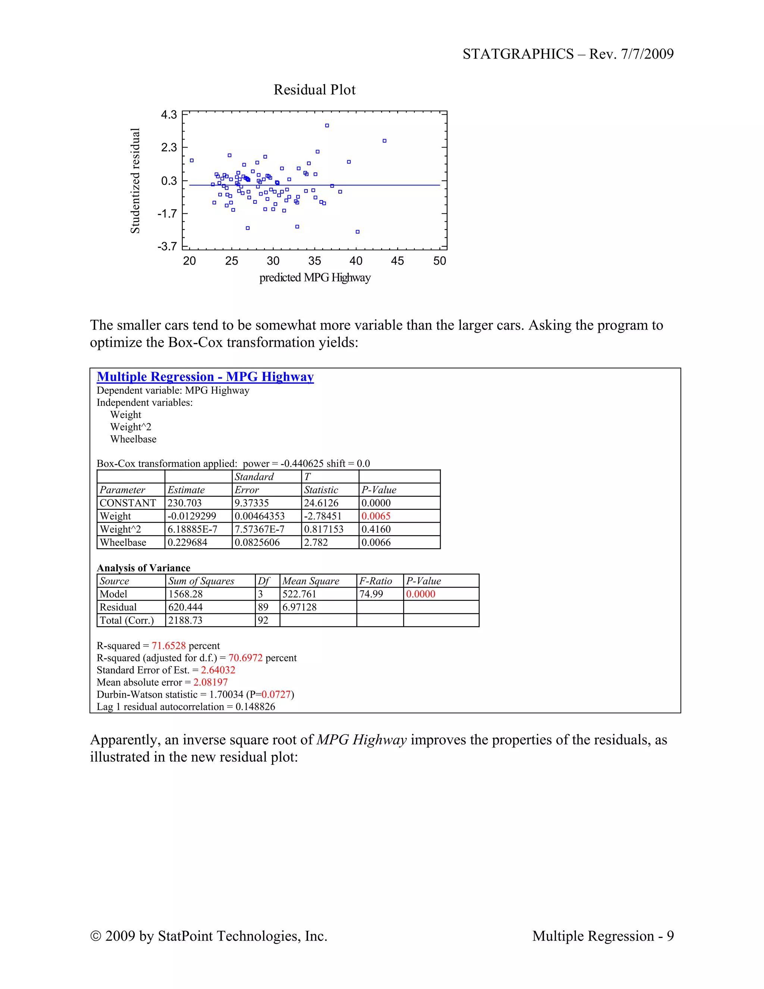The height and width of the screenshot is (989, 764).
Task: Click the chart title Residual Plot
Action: tap(314, 90)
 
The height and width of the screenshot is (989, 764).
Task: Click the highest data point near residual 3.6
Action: tap(327, 125)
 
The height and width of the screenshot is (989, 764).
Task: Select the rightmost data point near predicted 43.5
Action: tap(384, 141)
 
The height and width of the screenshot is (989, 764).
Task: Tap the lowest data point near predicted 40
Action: tap(357, 232)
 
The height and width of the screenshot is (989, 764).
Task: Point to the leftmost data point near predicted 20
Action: tap(191, 160)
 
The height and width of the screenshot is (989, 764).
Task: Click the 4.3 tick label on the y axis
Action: tap(169, 115)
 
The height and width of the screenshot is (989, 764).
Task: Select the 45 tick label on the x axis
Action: tap(397, 261)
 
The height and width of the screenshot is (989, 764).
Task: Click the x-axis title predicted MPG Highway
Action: tap(314, 278)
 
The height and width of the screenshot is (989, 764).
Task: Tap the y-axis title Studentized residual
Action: tap(135, 181)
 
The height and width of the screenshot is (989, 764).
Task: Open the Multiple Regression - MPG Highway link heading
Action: tap(205, 377)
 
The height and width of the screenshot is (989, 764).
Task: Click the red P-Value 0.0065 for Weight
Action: tap(376, 516)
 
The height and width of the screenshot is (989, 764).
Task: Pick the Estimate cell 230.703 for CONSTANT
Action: tap(185, 503)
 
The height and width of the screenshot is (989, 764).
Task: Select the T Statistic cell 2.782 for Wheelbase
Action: tap(316, 542)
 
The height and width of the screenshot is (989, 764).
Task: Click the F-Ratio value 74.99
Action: tap(371, 594)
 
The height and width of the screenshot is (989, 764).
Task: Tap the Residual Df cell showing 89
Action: tap(263, 607)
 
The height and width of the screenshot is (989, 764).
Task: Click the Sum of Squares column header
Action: tap(201, 581)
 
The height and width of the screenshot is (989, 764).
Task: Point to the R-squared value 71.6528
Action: tap(169, 645)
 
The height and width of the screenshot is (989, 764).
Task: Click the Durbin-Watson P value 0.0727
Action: tap(276, 694)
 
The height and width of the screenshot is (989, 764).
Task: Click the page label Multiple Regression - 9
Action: tap(602, 936)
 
